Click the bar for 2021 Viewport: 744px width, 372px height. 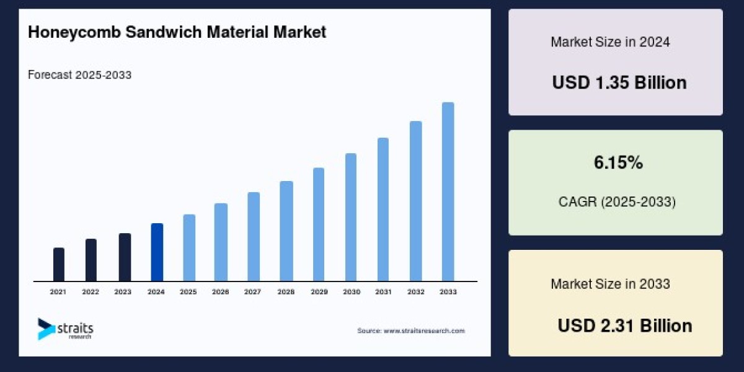pos(59,265)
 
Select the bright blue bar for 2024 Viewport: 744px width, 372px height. pos(157,252)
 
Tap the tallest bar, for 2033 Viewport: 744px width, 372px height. pos(448,192)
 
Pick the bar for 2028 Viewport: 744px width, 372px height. pos(286,231)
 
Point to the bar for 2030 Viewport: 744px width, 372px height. pos(351,217)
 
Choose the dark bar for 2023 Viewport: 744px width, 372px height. pos(125,257)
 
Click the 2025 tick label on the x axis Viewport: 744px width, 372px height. pos(188,291)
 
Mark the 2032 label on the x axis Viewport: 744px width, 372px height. pos(416,291)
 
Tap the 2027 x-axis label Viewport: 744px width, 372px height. pos(253,291)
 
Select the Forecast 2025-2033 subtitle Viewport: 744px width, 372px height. pos(79,75)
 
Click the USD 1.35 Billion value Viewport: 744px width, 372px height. pos(619,82)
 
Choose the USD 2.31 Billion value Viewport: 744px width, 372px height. pos(624,325)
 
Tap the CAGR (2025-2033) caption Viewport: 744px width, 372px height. pos(616,201)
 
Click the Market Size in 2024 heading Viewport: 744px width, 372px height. pos(610,42)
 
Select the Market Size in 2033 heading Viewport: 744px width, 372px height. pos(610,284)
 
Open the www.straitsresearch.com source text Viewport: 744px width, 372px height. pos(424,330)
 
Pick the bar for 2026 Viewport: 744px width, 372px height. pos(221,242)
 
